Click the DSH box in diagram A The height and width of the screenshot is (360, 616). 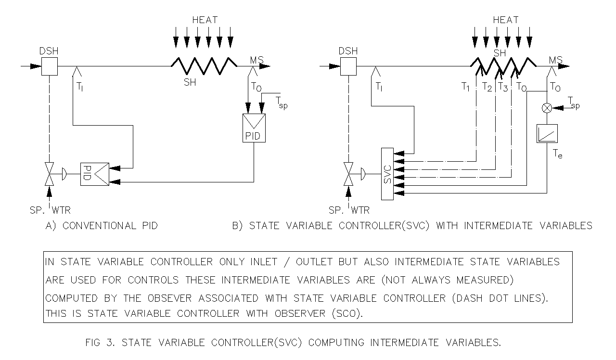(50, 66)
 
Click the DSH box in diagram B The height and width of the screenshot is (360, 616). (348, 66)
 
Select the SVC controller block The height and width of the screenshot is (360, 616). (387, 174)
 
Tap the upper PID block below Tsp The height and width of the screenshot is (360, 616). (254, 128)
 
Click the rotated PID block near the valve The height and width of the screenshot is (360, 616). (95, 174)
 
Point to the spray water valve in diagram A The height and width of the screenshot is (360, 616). (49, 174)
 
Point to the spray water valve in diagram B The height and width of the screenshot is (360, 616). (348, 174)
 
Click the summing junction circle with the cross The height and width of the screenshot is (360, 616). (547, 108)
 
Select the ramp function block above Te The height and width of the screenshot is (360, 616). (547, 134)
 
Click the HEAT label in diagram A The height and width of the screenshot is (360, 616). (205, 20)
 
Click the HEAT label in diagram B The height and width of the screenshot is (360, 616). (505, 20)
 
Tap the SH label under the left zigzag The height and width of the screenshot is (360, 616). (190, 82)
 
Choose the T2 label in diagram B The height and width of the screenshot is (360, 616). (487, 87)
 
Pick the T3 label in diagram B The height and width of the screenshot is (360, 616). (503, 87)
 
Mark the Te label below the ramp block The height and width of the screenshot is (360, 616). (557, 154)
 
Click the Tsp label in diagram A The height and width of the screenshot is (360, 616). (282, 103)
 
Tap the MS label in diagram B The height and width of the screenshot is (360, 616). (556, 60)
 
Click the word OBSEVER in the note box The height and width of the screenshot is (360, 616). (169, 298)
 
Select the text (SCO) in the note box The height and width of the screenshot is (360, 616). (347, 313)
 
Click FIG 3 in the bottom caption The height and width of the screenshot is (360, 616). (100, 343)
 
